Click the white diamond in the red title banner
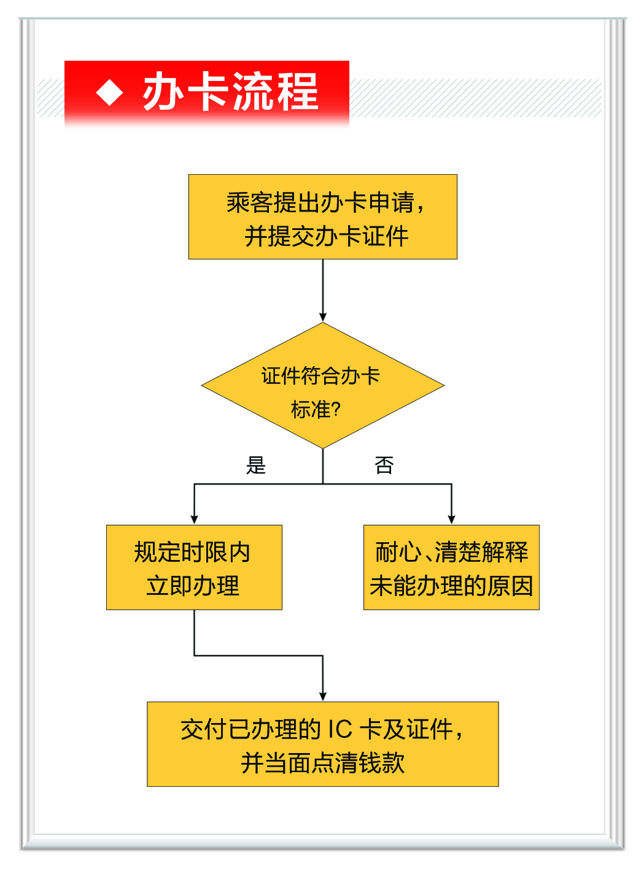pos(110,93)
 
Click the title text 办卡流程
pos(230,91)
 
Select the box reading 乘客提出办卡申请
pos(323,216)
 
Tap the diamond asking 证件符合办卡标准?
pos(323,385)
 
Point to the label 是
pos(256,465)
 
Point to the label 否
pos(384,465)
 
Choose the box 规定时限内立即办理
pos(194,567)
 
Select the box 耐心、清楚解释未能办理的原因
pos(451,567)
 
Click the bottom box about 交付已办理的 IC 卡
pos(323,744)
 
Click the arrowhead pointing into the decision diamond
pos(323,317)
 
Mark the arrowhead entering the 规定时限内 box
pos(194,519)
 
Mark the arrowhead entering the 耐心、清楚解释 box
pos(451,519)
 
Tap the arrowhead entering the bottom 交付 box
pos(323,696)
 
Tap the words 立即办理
pos(193,586)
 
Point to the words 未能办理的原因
pos(451,586)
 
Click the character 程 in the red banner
pos(298,91)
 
